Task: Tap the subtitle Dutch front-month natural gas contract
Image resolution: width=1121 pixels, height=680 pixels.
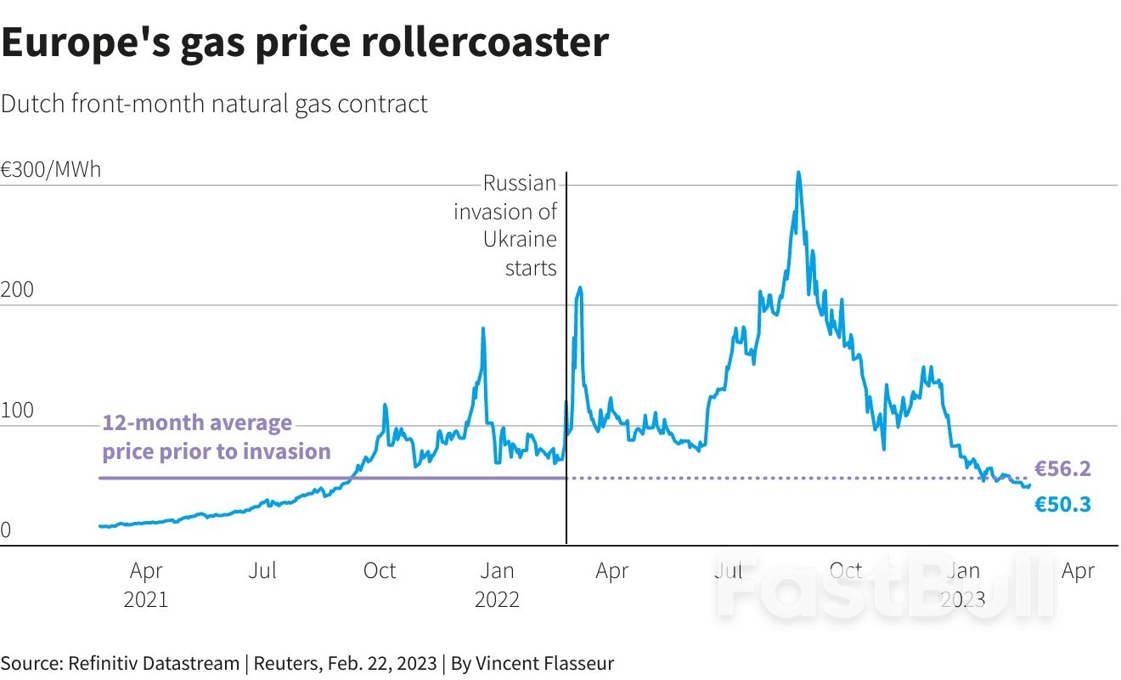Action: coord(214,105)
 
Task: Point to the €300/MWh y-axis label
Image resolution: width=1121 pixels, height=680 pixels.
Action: coord(51,169)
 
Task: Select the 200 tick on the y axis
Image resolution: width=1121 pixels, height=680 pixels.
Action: coord(17,290)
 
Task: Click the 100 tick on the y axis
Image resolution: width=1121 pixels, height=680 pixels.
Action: coord(17,411)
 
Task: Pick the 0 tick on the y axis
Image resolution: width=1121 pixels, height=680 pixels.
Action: coord(6,530)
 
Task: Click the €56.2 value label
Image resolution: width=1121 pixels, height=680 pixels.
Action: coord(1062,468)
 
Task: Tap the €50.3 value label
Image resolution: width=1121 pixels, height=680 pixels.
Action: coord(1062,505)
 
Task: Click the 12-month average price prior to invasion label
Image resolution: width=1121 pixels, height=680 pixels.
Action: coord(217,437)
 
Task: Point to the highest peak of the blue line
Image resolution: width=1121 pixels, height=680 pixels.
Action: coord(798,173)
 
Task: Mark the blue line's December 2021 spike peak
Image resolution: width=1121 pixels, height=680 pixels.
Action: coord(483,329)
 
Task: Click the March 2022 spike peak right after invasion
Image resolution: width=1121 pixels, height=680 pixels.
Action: coord(580,288)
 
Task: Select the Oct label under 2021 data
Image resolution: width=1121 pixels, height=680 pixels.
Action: coord(379,571)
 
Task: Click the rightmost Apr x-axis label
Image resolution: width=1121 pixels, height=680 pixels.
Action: coord(1078,571)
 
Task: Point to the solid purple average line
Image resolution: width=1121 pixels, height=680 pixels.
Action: coord(331,478)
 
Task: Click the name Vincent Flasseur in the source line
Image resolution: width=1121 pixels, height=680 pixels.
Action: coord(544,663)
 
